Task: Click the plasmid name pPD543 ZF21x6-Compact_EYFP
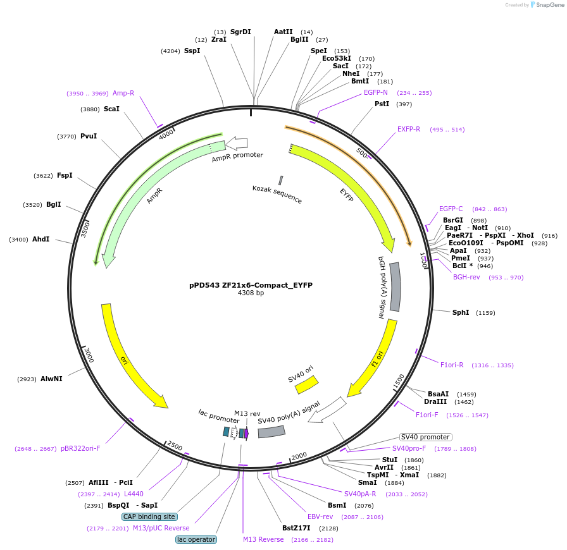click(x=251, y=285)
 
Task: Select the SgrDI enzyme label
click(x=240, y=32)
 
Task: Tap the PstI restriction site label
click(x=382, y=104)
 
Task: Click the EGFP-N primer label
click(x=376, y=92)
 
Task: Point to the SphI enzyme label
click(x=461, y=312)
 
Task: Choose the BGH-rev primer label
click(x=466, y=277)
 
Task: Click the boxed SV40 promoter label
click(x=426, y=437)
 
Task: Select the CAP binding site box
click(x=149, y=516)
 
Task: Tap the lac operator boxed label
click(x=196, y=539)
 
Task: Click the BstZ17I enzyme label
click(x=296, y=528)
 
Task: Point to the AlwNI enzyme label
click(x=51, y=379)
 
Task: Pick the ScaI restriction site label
click(x=111, y=109)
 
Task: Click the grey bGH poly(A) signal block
click(x=394, y=286)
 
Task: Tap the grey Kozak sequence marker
click(x=280, y=181)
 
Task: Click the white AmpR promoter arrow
click(x=236, y=144)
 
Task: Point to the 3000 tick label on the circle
click(x=88, y=355)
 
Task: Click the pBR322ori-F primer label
click(x=80, y=448)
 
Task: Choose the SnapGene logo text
click(x=549, y=5)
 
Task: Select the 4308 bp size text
click(x=251, y=293)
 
